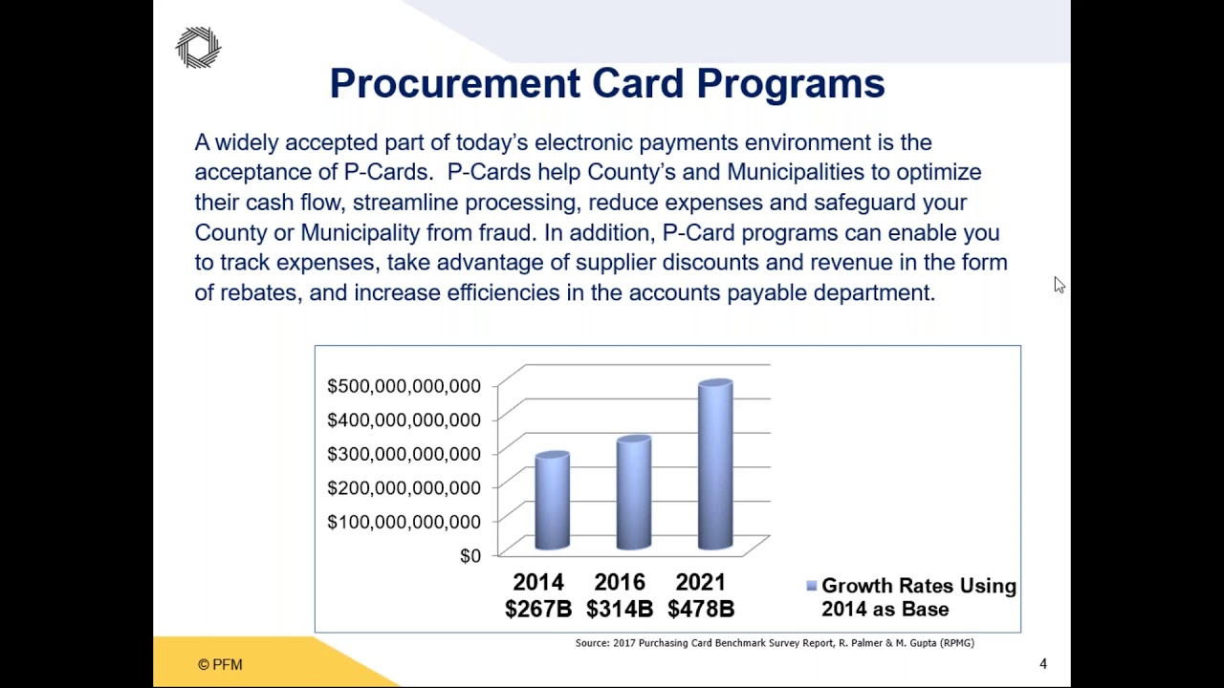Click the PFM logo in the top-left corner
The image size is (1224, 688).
pos(198,48)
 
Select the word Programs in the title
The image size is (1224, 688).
pos(790,84)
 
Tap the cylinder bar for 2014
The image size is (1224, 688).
pos(552,502)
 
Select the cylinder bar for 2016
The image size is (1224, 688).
pos(633,493)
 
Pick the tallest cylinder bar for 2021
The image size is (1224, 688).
pos(715,465)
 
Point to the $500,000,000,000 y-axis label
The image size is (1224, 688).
pos(404,386)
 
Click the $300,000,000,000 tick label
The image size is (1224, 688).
pos(404,454)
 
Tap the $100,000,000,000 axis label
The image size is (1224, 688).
pos(404,522)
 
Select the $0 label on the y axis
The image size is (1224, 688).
pos(470,556)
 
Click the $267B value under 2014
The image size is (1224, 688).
pos(537,609)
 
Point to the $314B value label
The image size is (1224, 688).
pos(619,609)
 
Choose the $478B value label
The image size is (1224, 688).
pos(701,609)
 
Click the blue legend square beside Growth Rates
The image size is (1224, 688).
pos(811,586)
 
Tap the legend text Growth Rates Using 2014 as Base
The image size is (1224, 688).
pos(917,597)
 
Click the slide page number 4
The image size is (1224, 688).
pos(1043,664)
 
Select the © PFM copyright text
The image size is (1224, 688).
pos(220,665)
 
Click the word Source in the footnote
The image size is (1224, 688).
pos(592,643)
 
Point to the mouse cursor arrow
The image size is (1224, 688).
pos(1059,285)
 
